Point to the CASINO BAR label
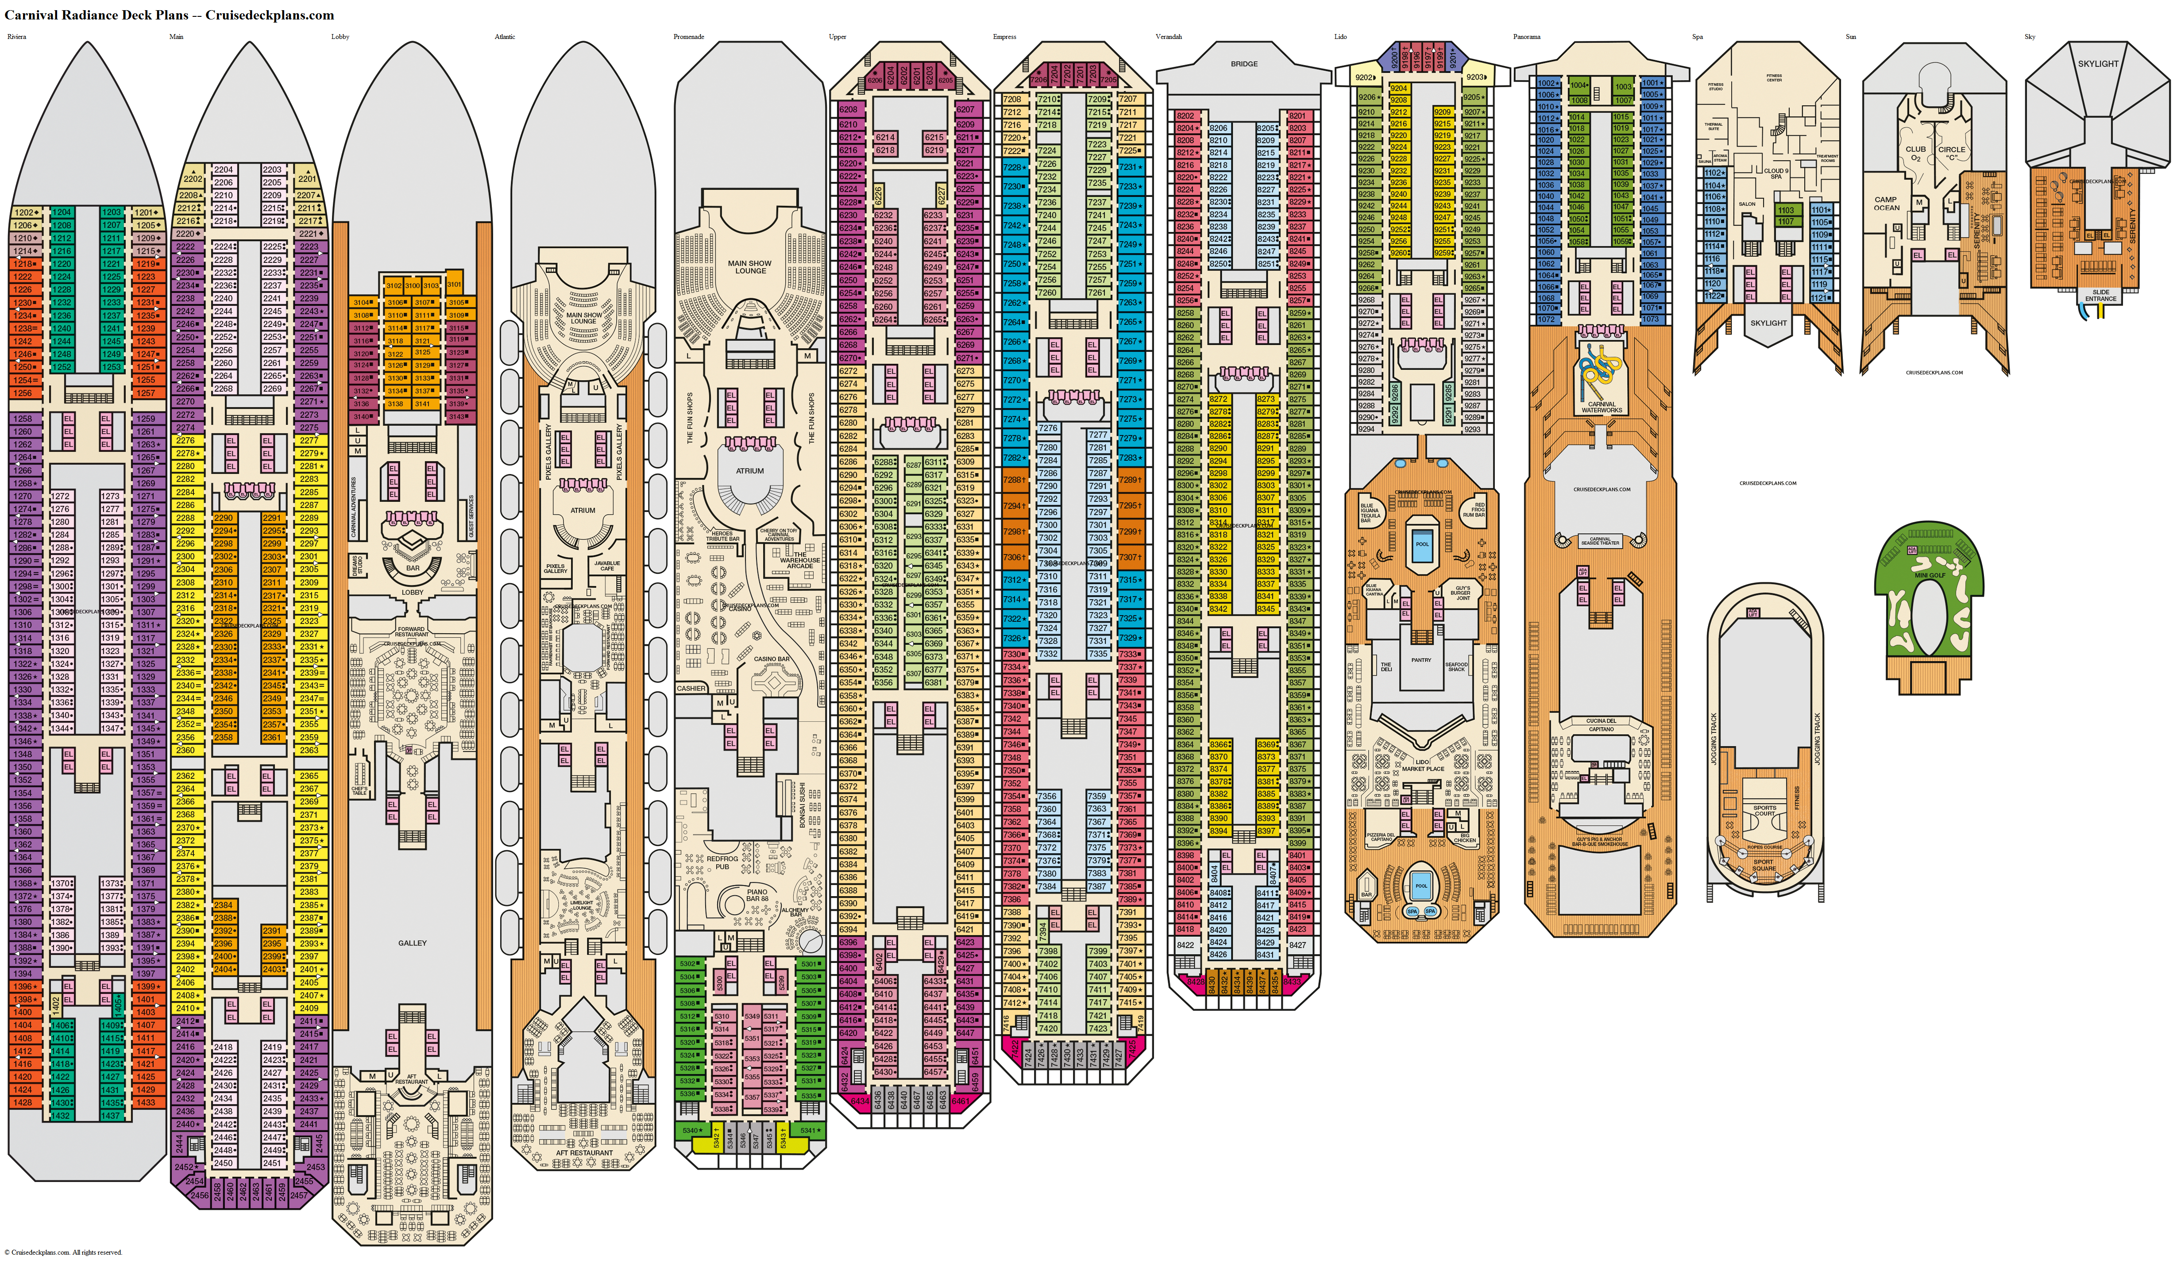pos(772,659)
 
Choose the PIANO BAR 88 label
pos(758,895)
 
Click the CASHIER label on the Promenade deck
pos(691,689)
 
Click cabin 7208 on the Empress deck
pos(1011,99)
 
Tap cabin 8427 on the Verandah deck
pos(1297,945)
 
